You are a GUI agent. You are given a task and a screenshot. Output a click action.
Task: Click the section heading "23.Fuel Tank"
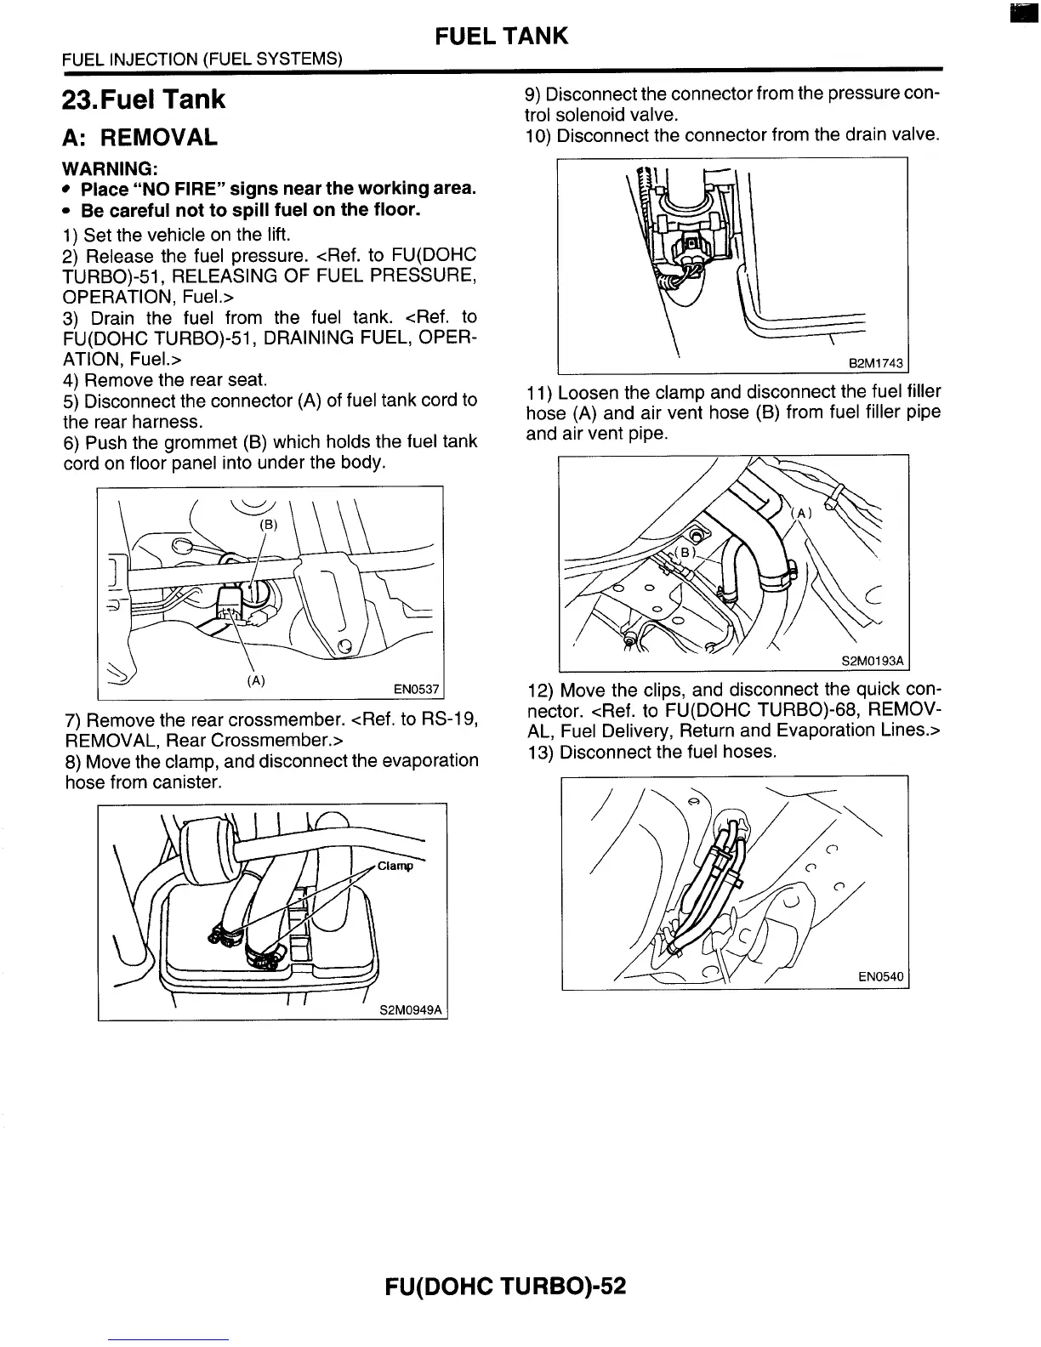click(144, 99)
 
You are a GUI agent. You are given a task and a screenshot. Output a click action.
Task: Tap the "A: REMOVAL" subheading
click(140, 138)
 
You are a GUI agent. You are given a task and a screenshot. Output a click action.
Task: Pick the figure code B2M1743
click(876, 364)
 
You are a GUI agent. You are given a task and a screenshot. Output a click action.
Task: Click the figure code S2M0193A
click(873, 661)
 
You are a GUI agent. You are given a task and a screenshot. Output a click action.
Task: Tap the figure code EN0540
click(880, 978)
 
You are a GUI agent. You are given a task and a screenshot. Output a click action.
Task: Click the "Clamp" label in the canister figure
click(395, 867)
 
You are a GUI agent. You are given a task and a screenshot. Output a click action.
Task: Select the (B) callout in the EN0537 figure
click(268, 525)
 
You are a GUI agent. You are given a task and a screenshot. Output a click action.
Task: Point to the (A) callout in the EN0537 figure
click(255, 680)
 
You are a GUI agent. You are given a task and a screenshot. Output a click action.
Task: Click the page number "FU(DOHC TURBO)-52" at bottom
click(505, 1285)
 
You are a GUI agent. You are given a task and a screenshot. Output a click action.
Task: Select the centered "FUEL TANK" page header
click(500, 36)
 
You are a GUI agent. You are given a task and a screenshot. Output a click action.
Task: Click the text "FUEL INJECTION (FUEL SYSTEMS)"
click(202, 59)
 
